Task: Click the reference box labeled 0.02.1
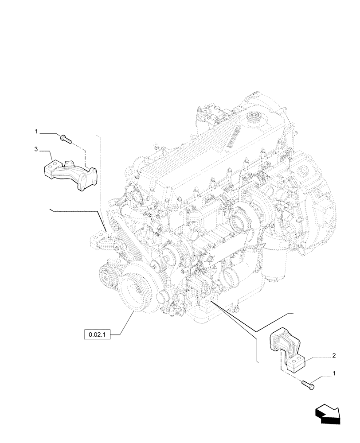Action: click(95, 334)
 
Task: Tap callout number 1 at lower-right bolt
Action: click(334, 373)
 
